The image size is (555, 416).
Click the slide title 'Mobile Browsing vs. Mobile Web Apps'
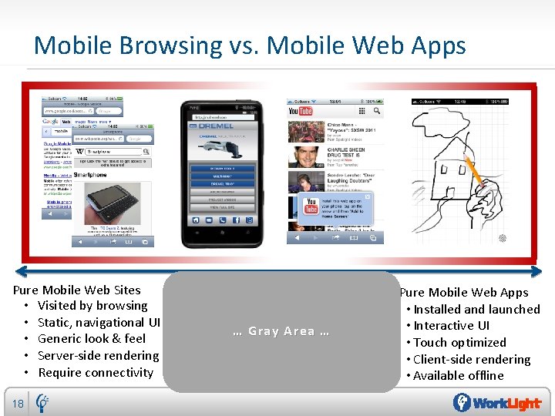pyautogui.click(x=250, y=45)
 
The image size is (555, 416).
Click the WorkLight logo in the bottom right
pyautogui.click(x=496, y=403)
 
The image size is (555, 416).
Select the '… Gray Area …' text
pyautogui.click(x=281, y=331)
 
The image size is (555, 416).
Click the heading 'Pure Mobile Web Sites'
pyautogui.click(x=77, y=290)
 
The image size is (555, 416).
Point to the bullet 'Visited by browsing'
pyautogui.click(x=92, y=306)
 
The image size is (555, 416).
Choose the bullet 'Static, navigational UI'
pyautogui.click(x=99, y=322)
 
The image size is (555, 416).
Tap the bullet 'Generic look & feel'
pyautogui.click(x=92, y=339)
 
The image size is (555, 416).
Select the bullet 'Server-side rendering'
pyautogui.click(x=98, y=356)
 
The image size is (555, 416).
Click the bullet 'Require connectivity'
pyautogui.click(x=96, y=373)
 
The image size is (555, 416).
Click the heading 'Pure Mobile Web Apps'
pyautogui.click(x=464, y=293)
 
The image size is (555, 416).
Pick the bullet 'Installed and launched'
pyautogui.click(x=476, y=310)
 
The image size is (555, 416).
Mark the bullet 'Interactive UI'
pyautogui.click(x=451, y=326)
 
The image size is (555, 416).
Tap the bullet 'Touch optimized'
pyautogui.click(x=459, y=343)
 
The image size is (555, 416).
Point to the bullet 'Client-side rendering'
pyautogui.click(x=472, y=360)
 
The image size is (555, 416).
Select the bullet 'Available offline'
pyautogui.click(x=458, y=376)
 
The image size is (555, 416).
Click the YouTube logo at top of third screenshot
pyautogui.click(x=300, y=112)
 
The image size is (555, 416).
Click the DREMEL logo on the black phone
pyautogui.click(x=217, y=126)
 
